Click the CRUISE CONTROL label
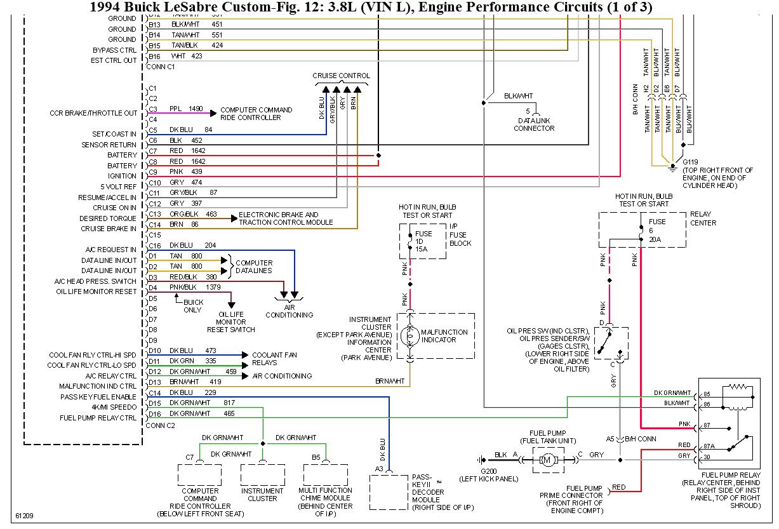pos(341,76)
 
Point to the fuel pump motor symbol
pos(547,459)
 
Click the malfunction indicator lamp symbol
pos(410,335)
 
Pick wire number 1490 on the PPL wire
pos(196,109)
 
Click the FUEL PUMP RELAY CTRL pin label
pos(98,418)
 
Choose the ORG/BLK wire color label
pos(183,215)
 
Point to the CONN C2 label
pos(160,425)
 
